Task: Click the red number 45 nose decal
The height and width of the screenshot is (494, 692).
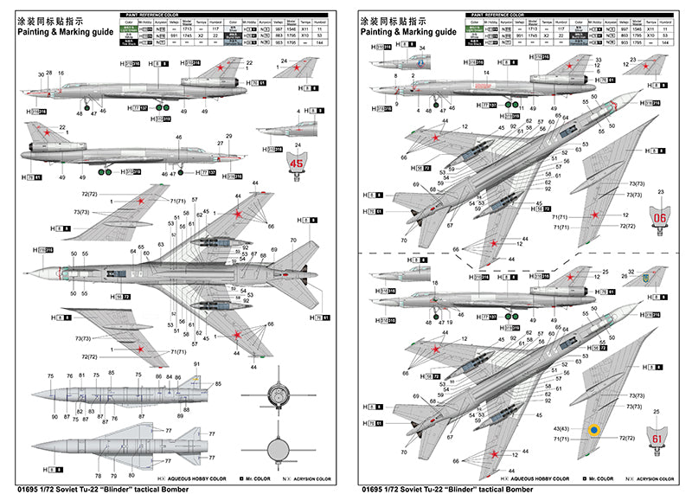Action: [298, 162]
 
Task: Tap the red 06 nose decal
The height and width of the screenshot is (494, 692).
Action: [661, 219]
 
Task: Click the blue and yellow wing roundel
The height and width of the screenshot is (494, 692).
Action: [593, 429]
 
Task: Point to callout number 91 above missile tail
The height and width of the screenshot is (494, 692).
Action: [197, 364]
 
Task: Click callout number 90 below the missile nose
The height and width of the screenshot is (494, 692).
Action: [54, 418]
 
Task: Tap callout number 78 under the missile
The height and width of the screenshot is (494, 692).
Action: [99, 477]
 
